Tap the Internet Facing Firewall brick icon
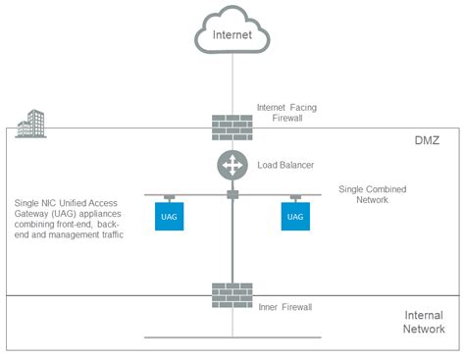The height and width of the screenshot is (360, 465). pos(232,127)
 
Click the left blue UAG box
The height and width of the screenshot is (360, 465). pos(170,216)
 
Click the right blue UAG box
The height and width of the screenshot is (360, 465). pos(294,216)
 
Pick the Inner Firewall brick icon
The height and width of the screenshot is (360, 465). pos(232,295)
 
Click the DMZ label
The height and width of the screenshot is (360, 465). pos(428,141)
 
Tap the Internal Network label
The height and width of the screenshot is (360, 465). pos(424,323)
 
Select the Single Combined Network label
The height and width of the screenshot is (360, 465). pos(372,193)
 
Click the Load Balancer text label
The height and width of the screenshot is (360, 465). pos(286,164)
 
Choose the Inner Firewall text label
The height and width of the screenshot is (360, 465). pos(284,307)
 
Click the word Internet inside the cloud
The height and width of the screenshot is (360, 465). pos(232,35)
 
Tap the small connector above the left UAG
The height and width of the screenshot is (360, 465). pos(170,196)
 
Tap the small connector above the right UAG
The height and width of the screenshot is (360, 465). pos(294,196)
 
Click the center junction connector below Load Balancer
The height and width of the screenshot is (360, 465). pos(232,195)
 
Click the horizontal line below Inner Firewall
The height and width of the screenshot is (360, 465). pos(232,337)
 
